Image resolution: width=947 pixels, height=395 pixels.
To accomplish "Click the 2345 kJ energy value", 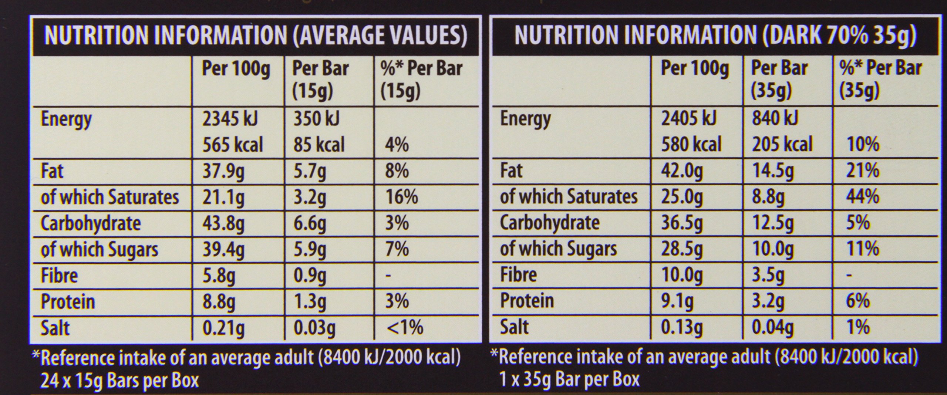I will (230, 119).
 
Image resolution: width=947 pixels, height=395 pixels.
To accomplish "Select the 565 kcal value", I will (232, 145).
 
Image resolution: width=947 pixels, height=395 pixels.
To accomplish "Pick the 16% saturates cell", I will (401, 197).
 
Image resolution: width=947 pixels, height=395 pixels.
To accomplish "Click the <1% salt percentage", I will (404, 328).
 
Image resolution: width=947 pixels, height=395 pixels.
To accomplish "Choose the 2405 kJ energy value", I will (689, 119).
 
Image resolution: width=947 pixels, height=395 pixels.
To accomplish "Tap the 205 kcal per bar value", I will (782, 144).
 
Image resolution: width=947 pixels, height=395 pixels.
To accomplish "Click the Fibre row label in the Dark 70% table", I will (518, 275).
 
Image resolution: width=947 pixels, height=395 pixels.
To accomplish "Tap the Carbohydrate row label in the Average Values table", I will (91, 223).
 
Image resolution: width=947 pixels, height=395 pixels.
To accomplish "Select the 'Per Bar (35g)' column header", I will (779, 79).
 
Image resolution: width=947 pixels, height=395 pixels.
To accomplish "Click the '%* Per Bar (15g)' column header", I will (421, 79).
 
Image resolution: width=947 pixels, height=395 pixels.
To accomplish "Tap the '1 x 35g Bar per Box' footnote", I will (569, 379).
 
